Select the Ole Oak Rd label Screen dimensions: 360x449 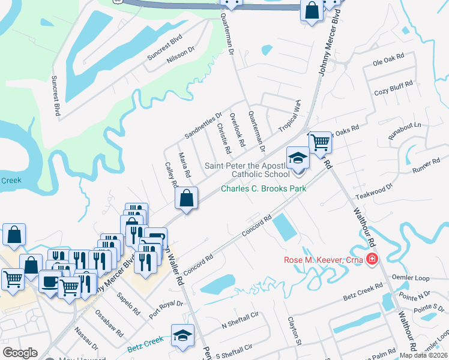(x=388, y=62)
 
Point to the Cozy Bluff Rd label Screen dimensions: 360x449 (x=394, y=88)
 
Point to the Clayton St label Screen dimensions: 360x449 (x=294, y=332)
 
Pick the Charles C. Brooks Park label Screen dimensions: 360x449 (x=264, y=188)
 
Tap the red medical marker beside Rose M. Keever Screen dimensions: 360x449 (x=372, y=259)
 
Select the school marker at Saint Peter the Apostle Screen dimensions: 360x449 (x=298, y=158)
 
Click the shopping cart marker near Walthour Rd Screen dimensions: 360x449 (x=321, y=142)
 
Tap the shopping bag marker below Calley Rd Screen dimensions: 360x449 (x=187, y=197)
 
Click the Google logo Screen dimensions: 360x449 (x=20, y=353)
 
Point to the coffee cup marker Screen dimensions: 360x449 (x=50, y=281)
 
